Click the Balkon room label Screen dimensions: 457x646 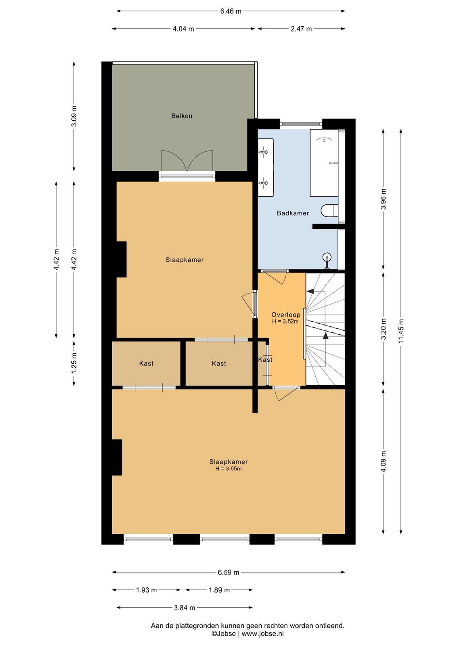(182, 116)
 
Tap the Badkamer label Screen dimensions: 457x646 (293, 213)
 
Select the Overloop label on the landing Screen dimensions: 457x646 (286, 315)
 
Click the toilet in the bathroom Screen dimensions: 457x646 (329, 210)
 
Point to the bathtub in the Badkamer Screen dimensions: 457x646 (324, 163)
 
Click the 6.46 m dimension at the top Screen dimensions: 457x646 (231, 11)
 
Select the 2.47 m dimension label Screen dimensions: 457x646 (301, 29)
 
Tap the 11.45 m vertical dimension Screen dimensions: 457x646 (401, 331)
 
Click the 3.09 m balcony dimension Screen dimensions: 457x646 (74, 116)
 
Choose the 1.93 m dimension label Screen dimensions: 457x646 (147, 588)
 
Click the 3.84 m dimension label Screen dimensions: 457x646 (184, 606)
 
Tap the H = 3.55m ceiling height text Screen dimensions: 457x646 (228, 469)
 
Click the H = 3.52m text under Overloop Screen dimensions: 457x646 (285, 321)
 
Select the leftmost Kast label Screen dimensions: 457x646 (146, 363)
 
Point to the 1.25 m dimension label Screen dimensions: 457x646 (74, 363)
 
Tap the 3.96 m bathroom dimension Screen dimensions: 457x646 (383, 199)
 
